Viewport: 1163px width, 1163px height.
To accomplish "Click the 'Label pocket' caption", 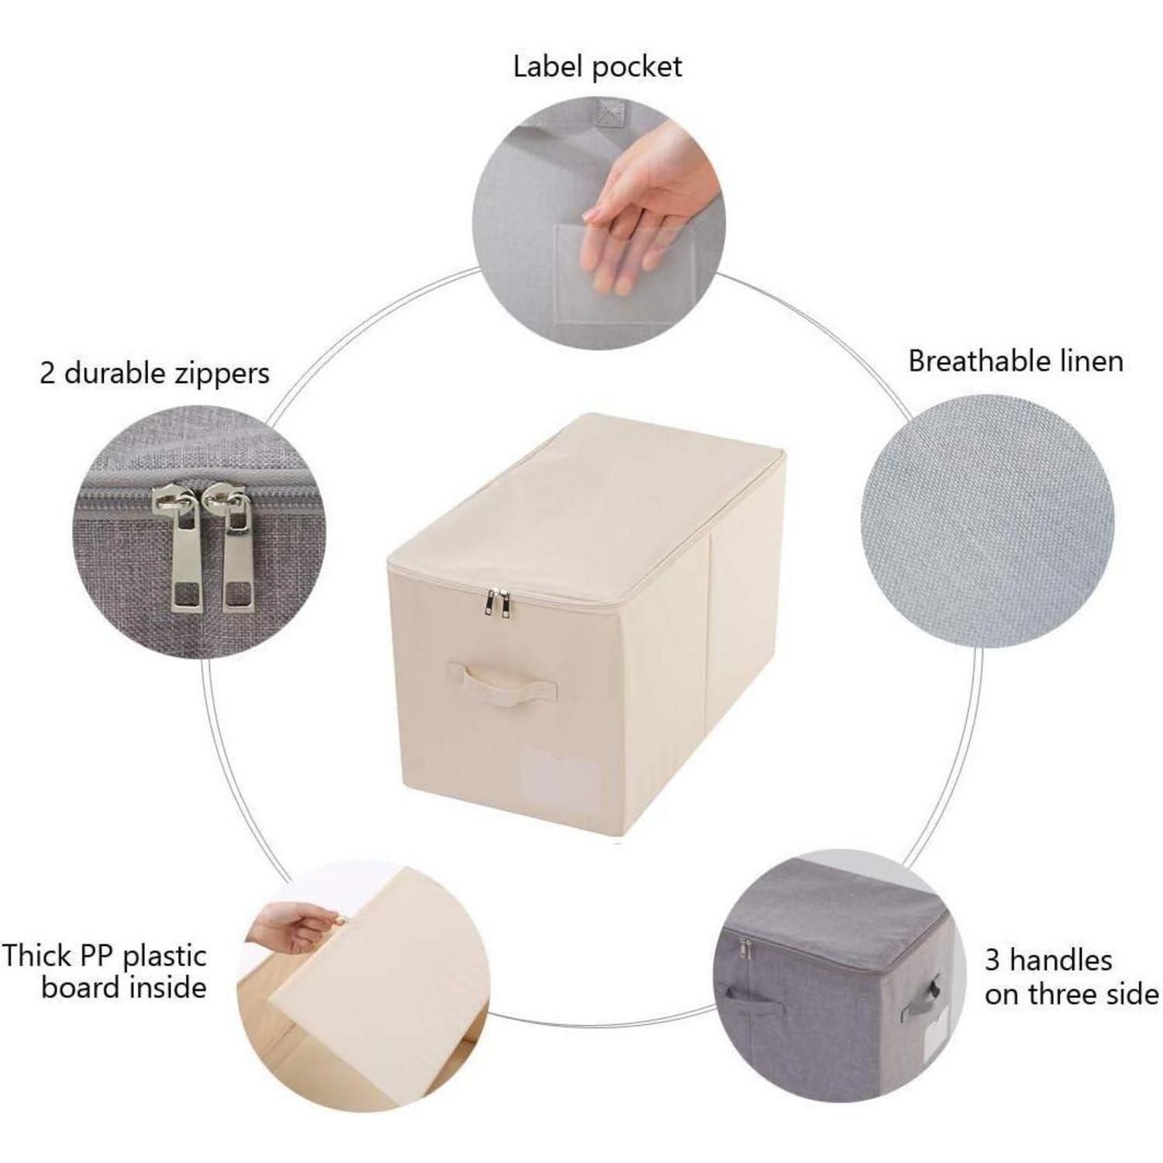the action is tap(597, 67).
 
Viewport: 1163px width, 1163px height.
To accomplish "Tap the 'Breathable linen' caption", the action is tap(1016, 361).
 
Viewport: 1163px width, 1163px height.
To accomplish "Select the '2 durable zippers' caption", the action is tap(154, 374).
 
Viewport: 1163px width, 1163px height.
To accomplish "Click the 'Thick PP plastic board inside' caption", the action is tap(104, 971).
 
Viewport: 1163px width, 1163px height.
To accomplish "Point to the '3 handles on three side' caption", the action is tap(1072, 978).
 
